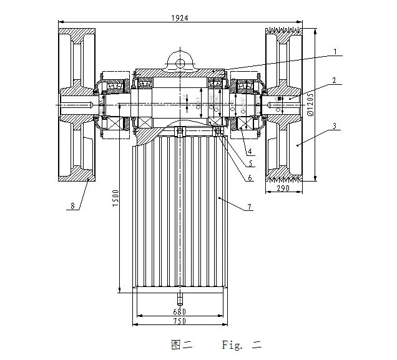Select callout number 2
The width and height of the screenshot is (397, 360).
coord(335,80)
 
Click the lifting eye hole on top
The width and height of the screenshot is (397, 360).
coord(179,62)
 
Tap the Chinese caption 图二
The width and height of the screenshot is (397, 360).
coord(181,344)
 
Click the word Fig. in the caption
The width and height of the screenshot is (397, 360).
coord(232,344)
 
